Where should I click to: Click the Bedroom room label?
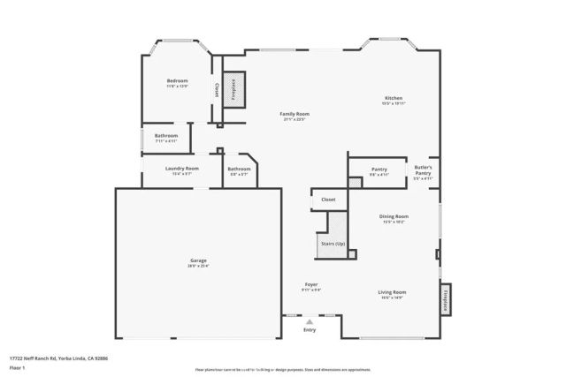(177, 81)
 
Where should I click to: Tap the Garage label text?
(198, 260)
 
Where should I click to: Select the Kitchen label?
(394, 97)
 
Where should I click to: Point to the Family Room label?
(294, 114)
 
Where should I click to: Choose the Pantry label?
(379, 169)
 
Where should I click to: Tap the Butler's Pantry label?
(424, 170)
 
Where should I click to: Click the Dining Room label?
(394, 216)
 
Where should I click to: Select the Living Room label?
(392, 292)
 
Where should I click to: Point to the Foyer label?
(310, 283)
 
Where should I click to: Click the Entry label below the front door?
(310, 330)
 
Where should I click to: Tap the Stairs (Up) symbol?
(333, 245)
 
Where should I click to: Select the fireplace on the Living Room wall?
(446, 299)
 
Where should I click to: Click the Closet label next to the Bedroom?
(218, 90)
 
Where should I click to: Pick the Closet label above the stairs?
(328, 200)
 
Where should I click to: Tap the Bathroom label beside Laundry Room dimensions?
(239, 169)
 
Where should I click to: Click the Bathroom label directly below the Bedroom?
(166, 136)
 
